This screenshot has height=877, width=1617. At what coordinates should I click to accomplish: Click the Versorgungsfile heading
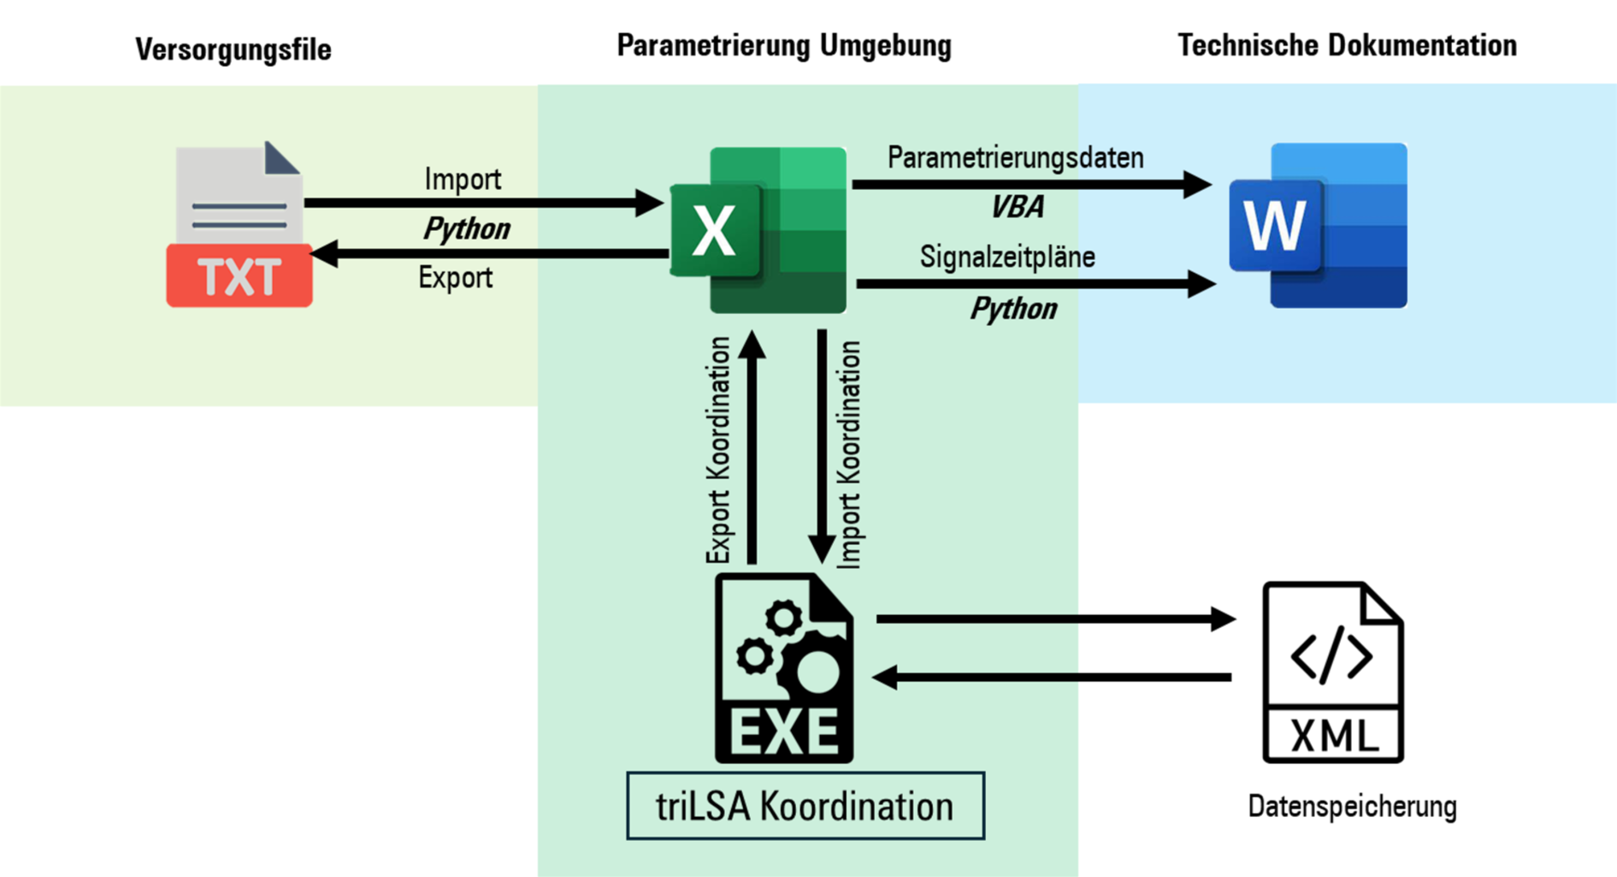pos(233,50)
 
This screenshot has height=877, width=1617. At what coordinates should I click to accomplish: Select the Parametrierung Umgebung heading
pos(783,45)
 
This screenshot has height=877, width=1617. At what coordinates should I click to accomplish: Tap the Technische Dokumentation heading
pos(1347,45)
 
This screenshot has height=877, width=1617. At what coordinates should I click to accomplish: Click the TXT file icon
pos(239,225)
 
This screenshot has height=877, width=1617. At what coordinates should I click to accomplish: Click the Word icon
pos(1319,226)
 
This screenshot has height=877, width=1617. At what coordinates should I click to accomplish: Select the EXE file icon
pos(784,669)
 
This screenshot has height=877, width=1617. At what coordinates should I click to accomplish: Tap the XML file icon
pos(1332,673)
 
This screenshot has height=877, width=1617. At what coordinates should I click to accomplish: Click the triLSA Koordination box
pos(805,806)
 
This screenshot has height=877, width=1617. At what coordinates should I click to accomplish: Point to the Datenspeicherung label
pos(1352,806)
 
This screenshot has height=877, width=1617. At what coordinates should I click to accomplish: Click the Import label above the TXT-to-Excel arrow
pos(463,180)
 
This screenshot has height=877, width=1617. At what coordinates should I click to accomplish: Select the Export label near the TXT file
pos(455,278)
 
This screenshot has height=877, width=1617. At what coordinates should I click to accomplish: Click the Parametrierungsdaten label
pos(1015,157)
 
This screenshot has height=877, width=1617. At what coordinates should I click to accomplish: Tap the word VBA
pos(1017,207)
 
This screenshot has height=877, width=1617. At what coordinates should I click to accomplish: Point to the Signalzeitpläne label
pos(1007,257)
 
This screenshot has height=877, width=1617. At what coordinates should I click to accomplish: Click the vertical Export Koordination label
pos(718,450)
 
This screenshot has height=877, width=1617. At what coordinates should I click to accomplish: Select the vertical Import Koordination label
pos(849,454)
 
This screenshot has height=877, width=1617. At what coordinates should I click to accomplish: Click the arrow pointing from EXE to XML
pos(1055,619)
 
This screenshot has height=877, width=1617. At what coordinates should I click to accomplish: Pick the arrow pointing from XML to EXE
pos(1052,678)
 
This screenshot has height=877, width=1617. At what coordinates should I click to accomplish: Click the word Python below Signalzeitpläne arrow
pos(1013,309)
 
